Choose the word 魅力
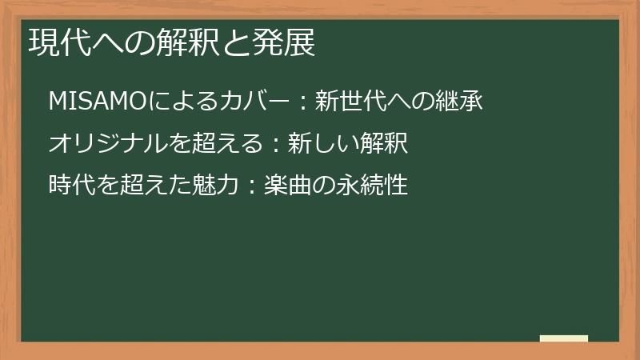coord(207,186)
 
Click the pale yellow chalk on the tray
coord(563,338)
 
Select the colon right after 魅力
coord(248,186)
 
